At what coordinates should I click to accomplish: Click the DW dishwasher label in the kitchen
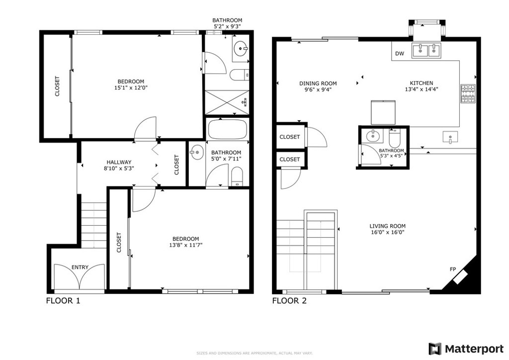(x=400, y=54)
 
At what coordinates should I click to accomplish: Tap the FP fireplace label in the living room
(x=453, y=269)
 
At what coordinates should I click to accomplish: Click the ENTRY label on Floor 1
(x=80, y=268)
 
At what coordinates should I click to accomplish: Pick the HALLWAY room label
(x=119, y=162)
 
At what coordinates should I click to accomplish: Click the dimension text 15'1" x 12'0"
(x=131, y=88)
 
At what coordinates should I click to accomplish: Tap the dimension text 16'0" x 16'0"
(x=387, y=232)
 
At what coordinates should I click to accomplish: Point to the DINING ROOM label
(x=318, y=84)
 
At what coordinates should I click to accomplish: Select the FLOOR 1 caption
(x=63, y=301)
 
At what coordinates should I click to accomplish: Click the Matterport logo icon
(x=435, y=348)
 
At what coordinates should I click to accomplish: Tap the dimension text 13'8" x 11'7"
(x=185, y=245)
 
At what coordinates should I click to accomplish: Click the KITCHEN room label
(x=421, y=83)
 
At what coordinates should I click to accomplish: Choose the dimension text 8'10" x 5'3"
(x=119, y=168)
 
